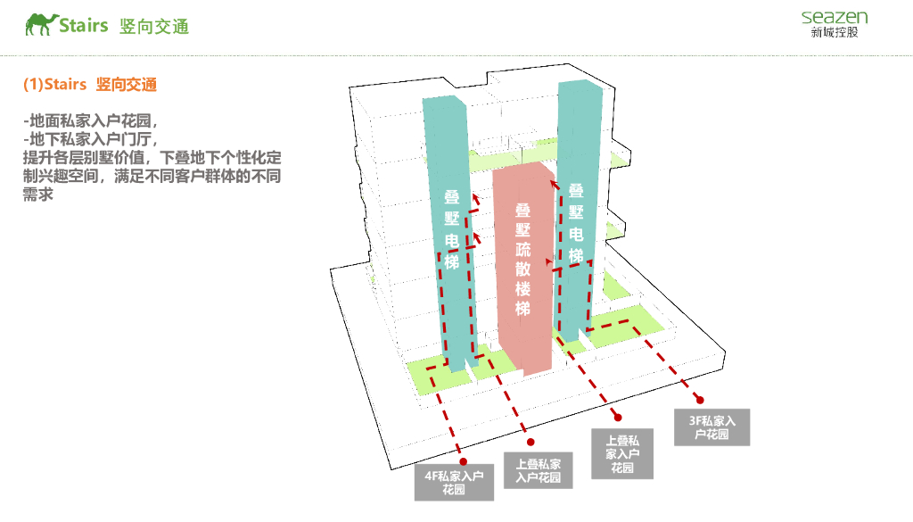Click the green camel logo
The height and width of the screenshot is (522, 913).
point(41,24)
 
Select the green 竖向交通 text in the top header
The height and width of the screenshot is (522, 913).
point(154,26)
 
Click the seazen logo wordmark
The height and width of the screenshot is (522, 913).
point(834,17)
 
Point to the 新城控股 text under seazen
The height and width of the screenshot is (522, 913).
point(835,34)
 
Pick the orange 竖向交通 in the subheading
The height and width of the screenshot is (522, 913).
point(127,85)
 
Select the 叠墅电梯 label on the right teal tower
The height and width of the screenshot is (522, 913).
point(576,222)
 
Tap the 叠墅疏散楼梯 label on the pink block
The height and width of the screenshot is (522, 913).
point(522,259)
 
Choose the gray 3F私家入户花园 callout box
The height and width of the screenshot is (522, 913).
point(711,427)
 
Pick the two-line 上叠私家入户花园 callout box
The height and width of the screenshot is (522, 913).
point(538,471)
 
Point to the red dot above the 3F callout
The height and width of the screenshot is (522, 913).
point(700,400)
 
